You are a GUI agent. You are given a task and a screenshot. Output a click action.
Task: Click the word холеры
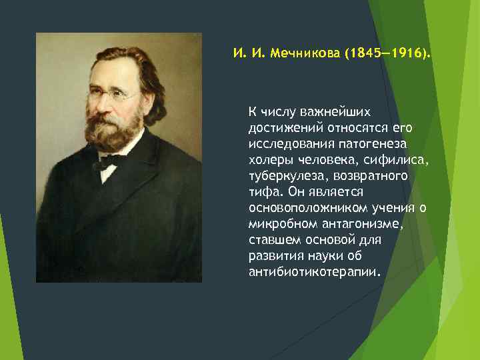pos(268,159)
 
